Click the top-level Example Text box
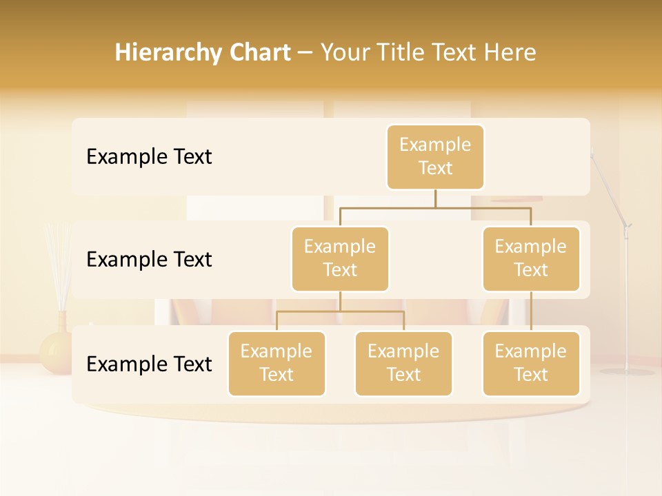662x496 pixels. point(435,156)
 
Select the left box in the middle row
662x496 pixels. point(340,258)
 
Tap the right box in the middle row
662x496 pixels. point(531,258)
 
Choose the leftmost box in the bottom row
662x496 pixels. point(277,363)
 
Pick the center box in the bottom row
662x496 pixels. point(403,363)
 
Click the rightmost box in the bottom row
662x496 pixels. point(531,363)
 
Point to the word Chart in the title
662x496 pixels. point(259,52)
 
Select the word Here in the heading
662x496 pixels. point(511,52)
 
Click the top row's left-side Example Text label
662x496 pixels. point(149,156)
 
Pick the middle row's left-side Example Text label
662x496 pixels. point(149,259)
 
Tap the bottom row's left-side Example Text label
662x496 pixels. point(149,364)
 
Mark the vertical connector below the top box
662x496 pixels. point(435,198)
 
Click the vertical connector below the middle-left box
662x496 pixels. point(340,301)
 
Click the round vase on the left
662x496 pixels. point(56,351)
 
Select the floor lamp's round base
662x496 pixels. point(626,371)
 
